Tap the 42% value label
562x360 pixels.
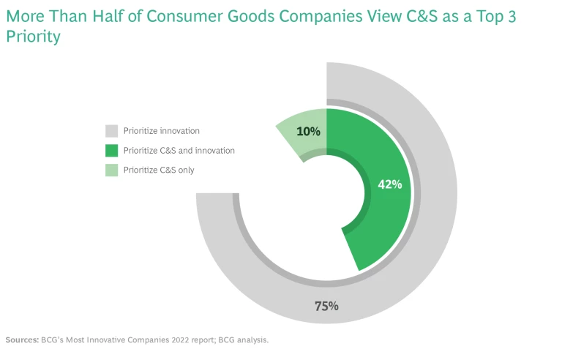pyautogui.click(x=390, y=184)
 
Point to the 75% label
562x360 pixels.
pyautogui.click(x=326, y=306)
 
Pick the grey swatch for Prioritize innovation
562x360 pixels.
pyautogui.click(x=111, y=131)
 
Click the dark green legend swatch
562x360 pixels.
pyautogui.click(x=111, y=151)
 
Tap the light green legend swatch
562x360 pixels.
pyautogui.click(x=111, y=170)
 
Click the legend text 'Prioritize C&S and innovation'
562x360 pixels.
pyautogui.click(x=179, y=151)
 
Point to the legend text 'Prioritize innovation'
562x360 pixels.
pyautogui.click(x=162, y=131)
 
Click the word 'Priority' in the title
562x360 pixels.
pyautogui.click(x=32, y=35)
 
